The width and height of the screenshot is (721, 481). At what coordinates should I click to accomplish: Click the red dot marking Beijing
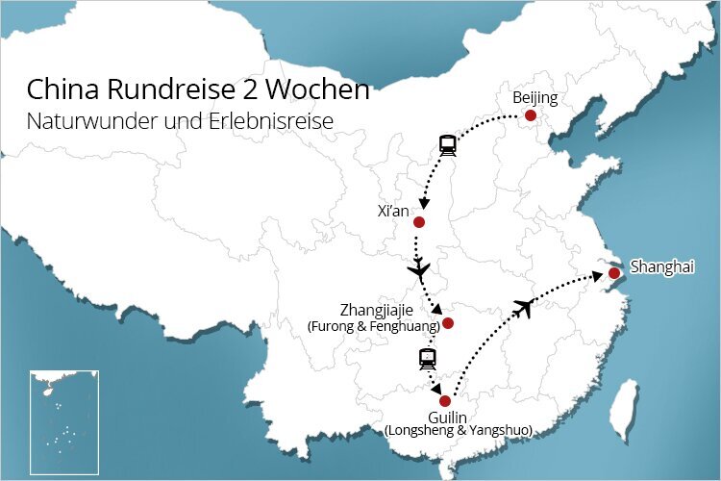[530, 115]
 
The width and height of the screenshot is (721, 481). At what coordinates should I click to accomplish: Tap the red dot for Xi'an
[418, 222]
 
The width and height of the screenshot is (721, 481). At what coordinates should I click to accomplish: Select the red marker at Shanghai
[614, 273]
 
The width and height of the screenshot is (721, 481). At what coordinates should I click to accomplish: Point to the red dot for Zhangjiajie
[447, 323]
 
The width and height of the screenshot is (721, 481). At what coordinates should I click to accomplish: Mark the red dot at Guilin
[444, 401]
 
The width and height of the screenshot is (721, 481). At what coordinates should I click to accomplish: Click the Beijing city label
[535, 98]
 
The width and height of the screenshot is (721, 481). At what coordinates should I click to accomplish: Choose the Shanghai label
[661, 266]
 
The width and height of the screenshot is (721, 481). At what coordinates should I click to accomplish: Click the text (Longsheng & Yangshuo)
[458, 430]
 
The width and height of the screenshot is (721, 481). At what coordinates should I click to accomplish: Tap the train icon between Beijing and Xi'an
[447, 145]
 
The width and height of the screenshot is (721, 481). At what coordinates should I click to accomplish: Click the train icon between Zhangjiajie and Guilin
[428, 360]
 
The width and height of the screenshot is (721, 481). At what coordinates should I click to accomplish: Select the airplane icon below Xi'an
[419, 271]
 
